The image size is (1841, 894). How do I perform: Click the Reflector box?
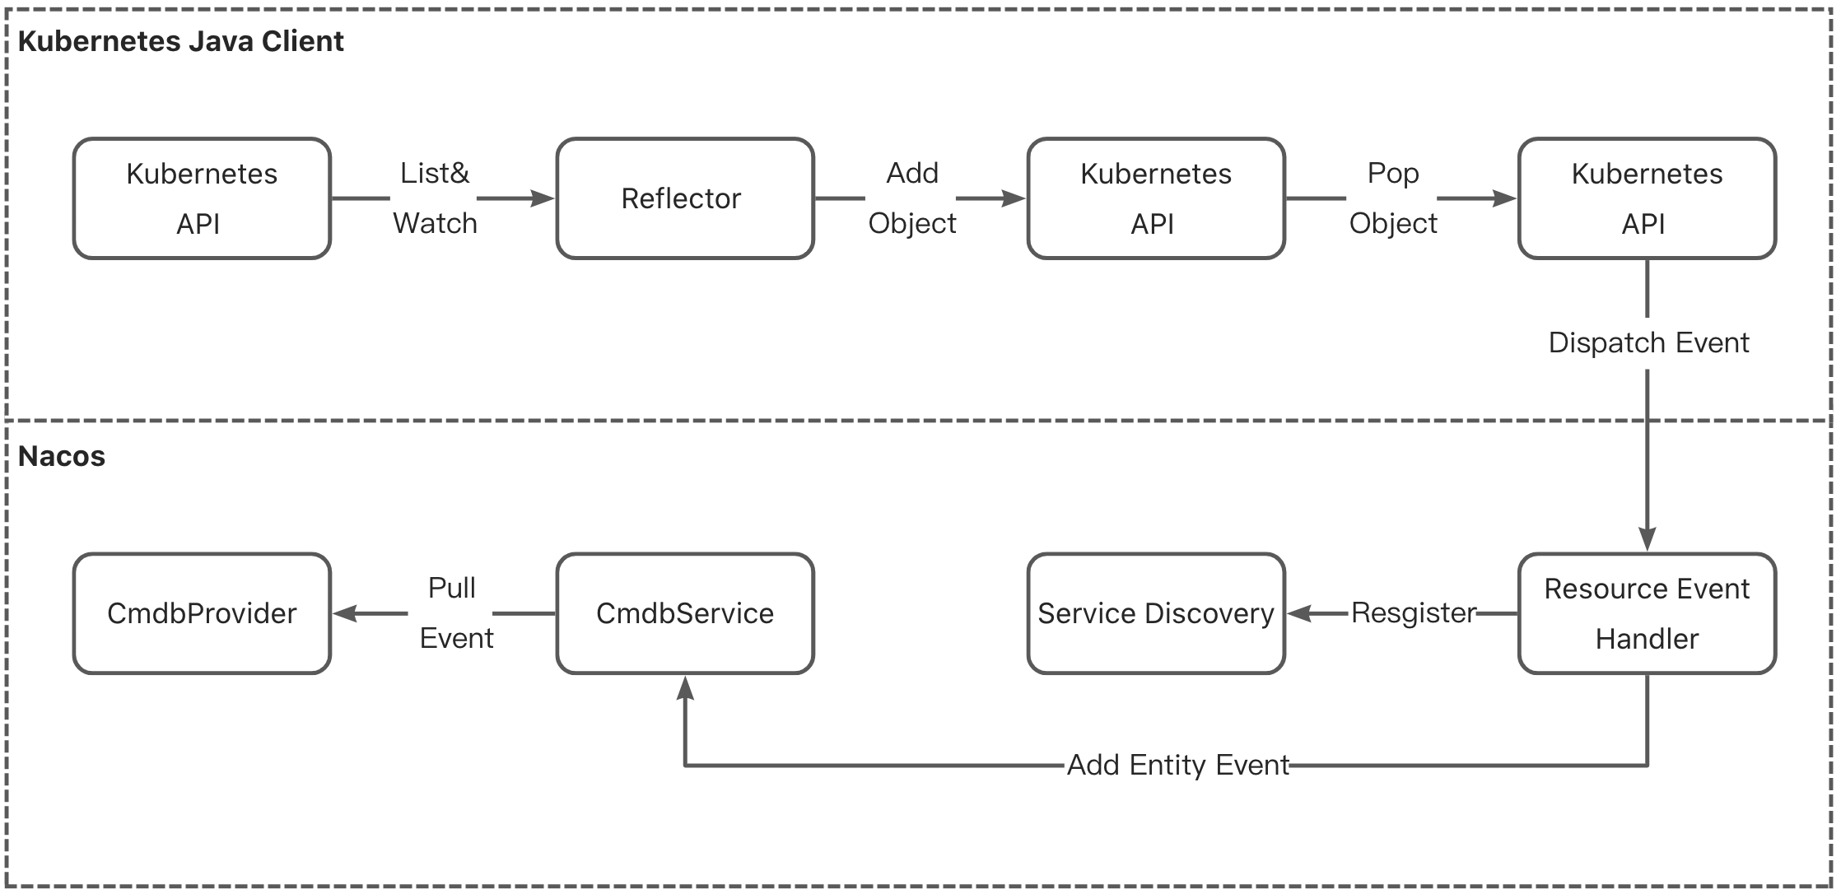(x=684, y=198)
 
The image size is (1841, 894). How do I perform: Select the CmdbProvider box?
(x=202, y=613)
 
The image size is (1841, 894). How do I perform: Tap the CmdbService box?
(x=684, y=613)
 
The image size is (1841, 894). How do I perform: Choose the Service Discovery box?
(x=1155, y=613)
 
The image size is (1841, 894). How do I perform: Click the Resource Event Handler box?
(x=1647, y=613)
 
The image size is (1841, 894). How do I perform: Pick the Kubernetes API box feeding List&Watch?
(x=202, y=198)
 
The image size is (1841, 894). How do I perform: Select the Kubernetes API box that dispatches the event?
(x=1647, y=198)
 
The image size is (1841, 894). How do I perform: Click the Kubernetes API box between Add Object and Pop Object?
(x=1155, y=198)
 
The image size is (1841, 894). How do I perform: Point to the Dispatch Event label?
(x=1648, y=342)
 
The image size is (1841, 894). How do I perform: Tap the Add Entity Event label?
(x=1177, y=766)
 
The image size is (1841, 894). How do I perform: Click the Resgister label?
(x=1414, y=613)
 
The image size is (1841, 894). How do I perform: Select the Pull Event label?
(x=454, y=613)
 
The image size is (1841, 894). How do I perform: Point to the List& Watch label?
(x=435, y=198)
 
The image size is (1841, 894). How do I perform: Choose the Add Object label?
(x=911, y=198)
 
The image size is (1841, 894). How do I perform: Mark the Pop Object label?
(x=1392, y=198)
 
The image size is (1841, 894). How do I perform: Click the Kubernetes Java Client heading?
(x=180, y=41)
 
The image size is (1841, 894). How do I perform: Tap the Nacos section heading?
(x=62, y=456)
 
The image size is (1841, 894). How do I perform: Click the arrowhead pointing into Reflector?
(x=543, y=198)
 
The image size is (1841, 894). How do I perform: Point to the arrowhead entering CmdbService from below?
(x=685, y=687)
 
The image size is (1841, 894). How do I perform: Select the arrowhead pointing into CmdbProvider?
(x=345, y=613)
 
